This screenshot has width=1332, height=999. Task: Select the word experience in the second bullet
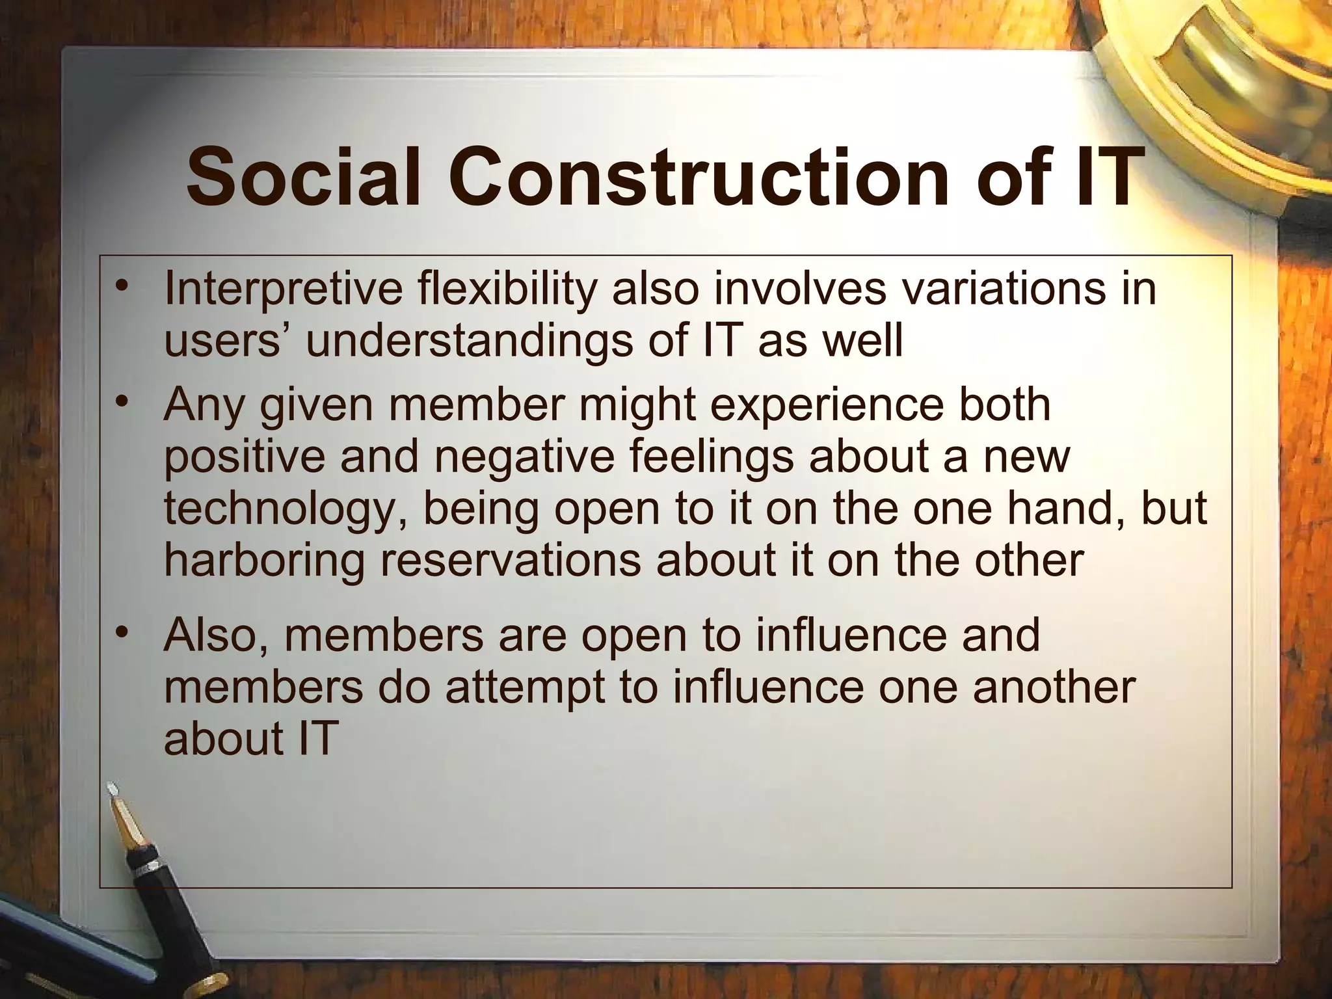point(826,406)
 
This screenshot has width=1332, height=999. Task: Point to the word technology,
point(286,509)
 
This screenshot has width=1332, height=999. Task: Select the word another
point(1054,687)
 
